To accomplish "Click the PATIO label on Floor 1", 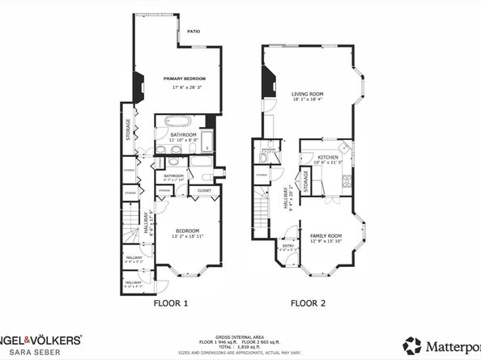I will coord(194,32).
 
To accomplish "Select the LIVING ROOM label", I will coord(307,94).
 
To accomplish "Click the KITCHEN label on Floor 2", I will coord(327,157).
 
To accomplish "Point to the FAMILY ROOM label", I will coord(326,235).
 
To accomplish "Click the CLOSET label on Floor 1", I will coord(203,192).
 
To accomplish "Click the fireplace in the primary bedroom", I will coord(139,83).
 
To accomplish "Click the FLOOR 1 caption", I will coord(171,304).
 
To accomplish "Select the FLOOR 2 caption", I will coord(308,304).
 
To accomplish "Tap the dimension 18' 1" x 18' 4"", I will coord(307,100).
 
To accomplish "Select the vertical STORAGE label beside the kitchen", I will coord(306,180).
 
